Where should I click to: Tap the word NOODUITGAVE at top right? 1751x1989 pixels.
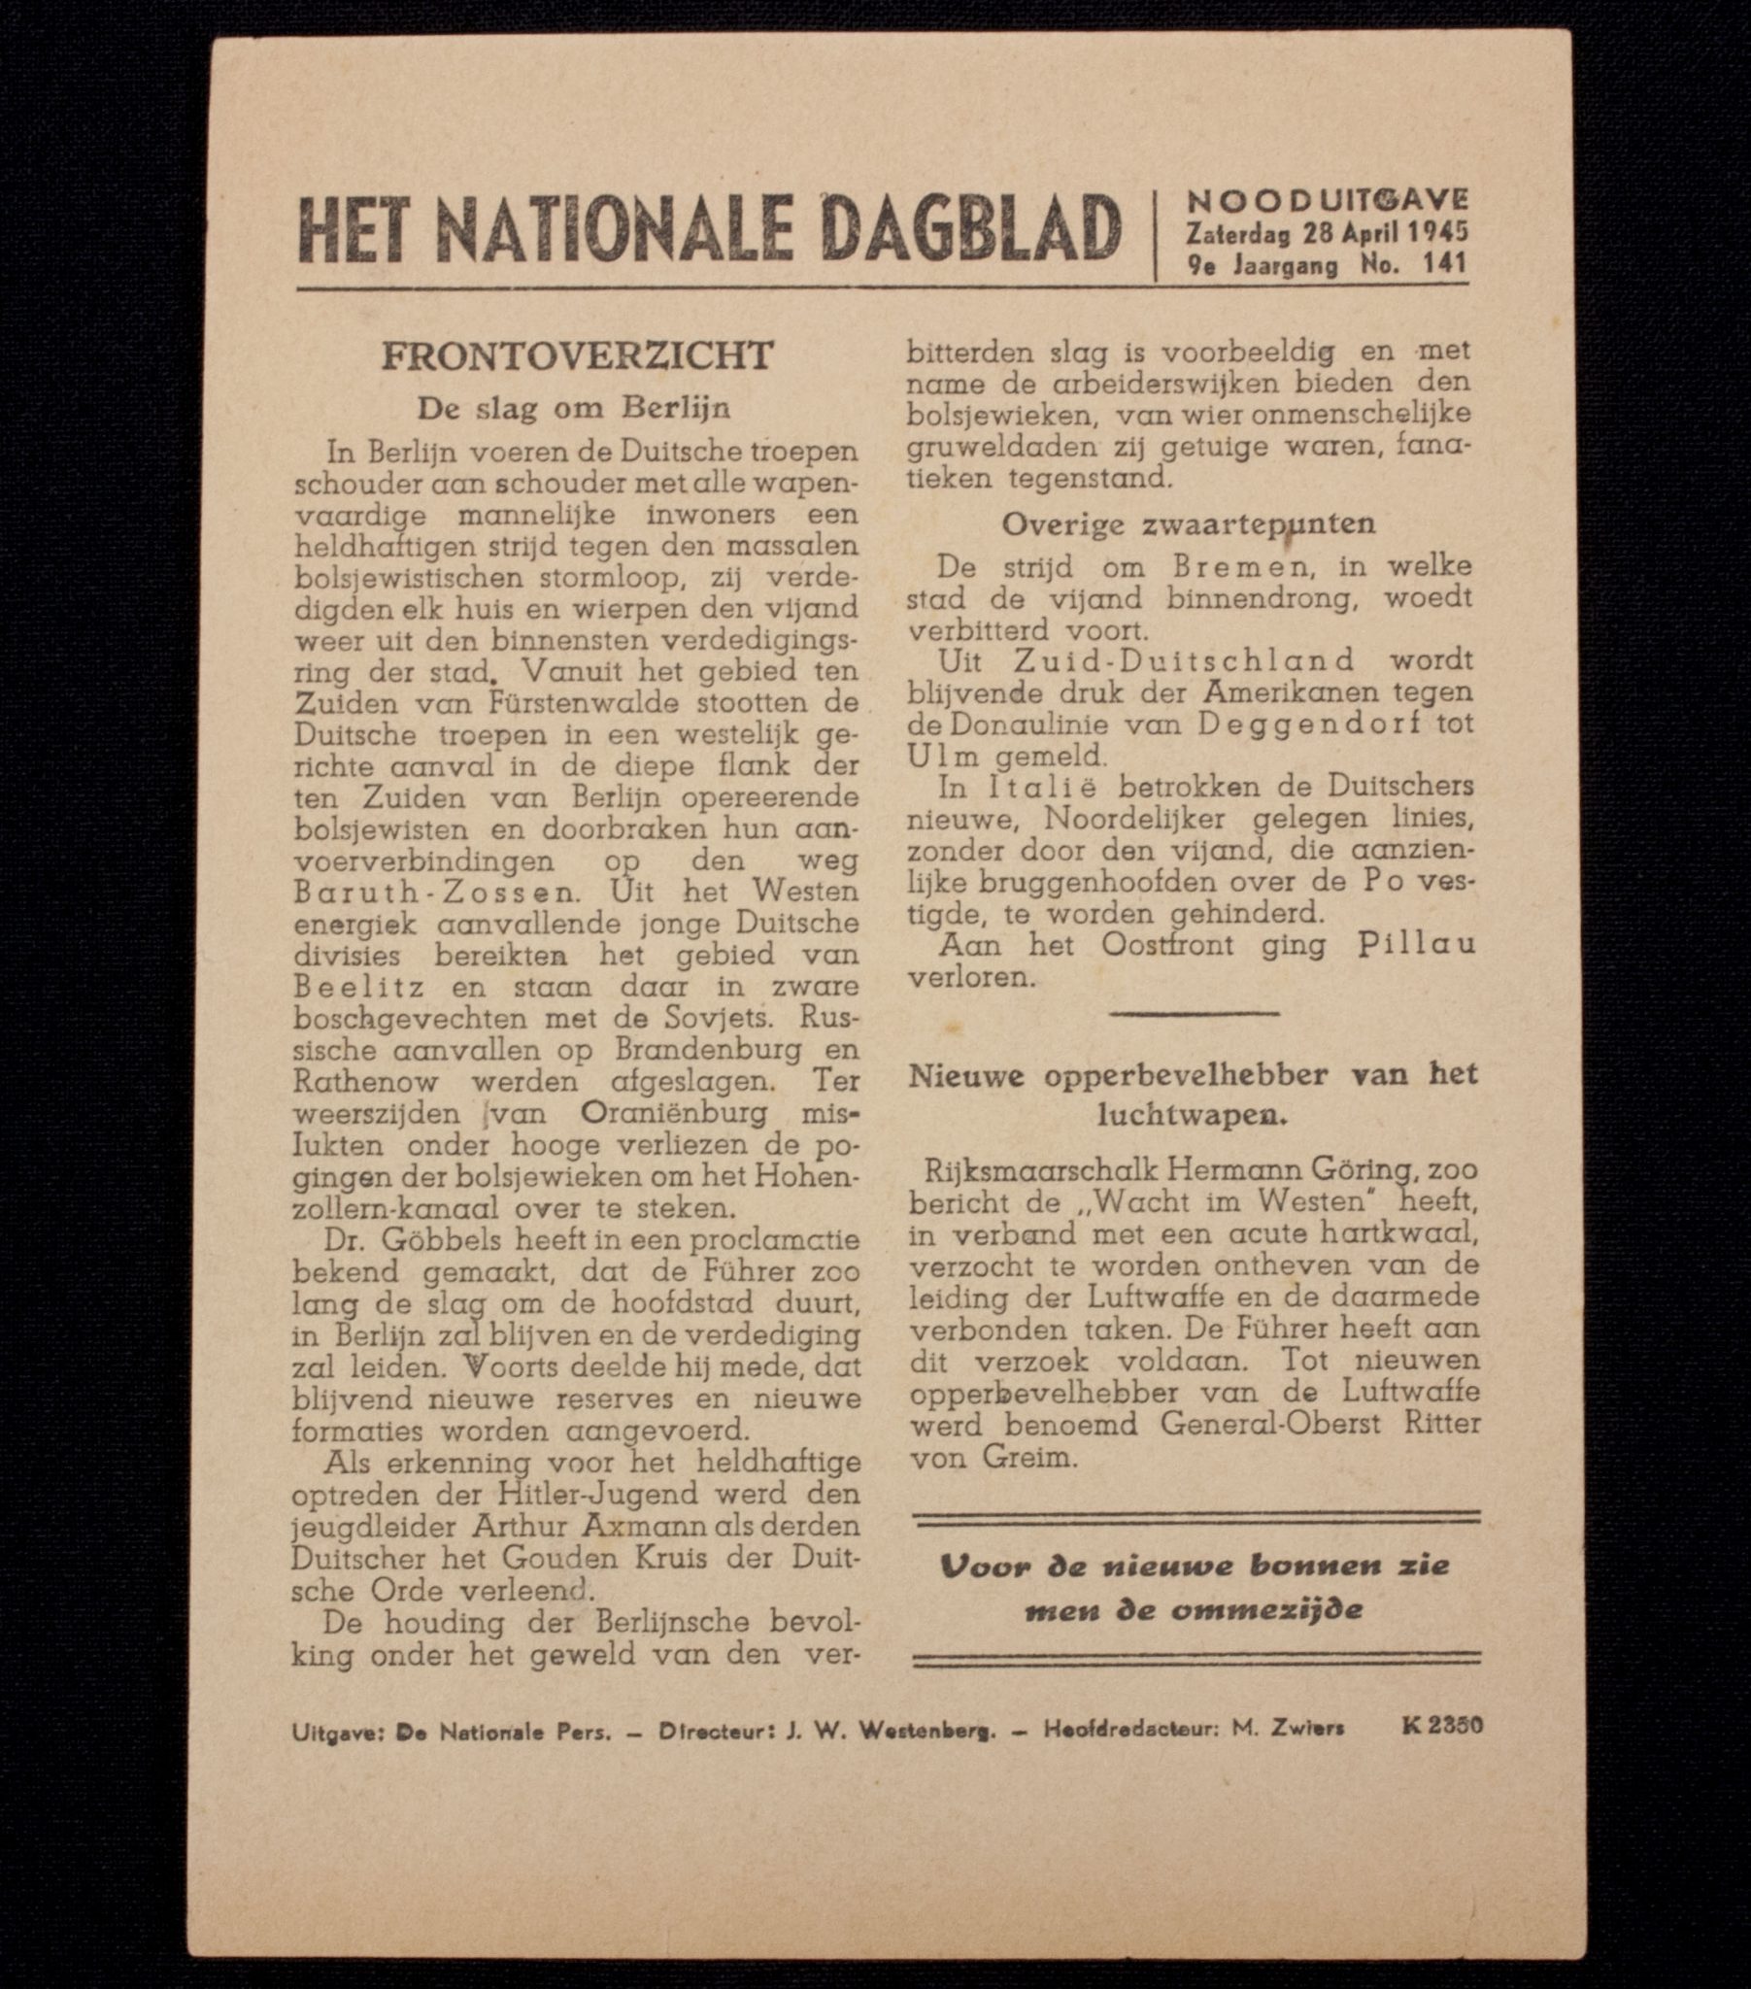pyautogui.click(x=1327, y=200)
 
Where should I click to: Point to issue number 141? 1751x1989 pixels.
pyautogui.click(x=1443, y=264)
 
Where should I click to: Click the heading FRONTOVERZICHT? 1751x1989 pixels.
pyautogui.click(x=577, y=356)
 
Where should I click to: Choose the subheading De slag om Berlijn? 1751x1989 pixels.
pyautogui.click(x=573, y=409)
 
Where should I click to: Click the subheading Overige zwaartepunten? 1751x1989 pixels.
pyautogui.click(x=1189, y=524)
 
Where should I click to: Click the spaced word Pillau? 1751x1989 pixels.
pyautogui.click(x=1415, y=945)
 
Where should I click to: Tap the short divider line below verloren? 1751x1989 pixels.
pyautogui.click(x=1194, y=1014)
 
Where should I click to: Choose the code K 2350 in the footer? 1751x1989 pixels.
pyautogui.click(x=1441, y=1725)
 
